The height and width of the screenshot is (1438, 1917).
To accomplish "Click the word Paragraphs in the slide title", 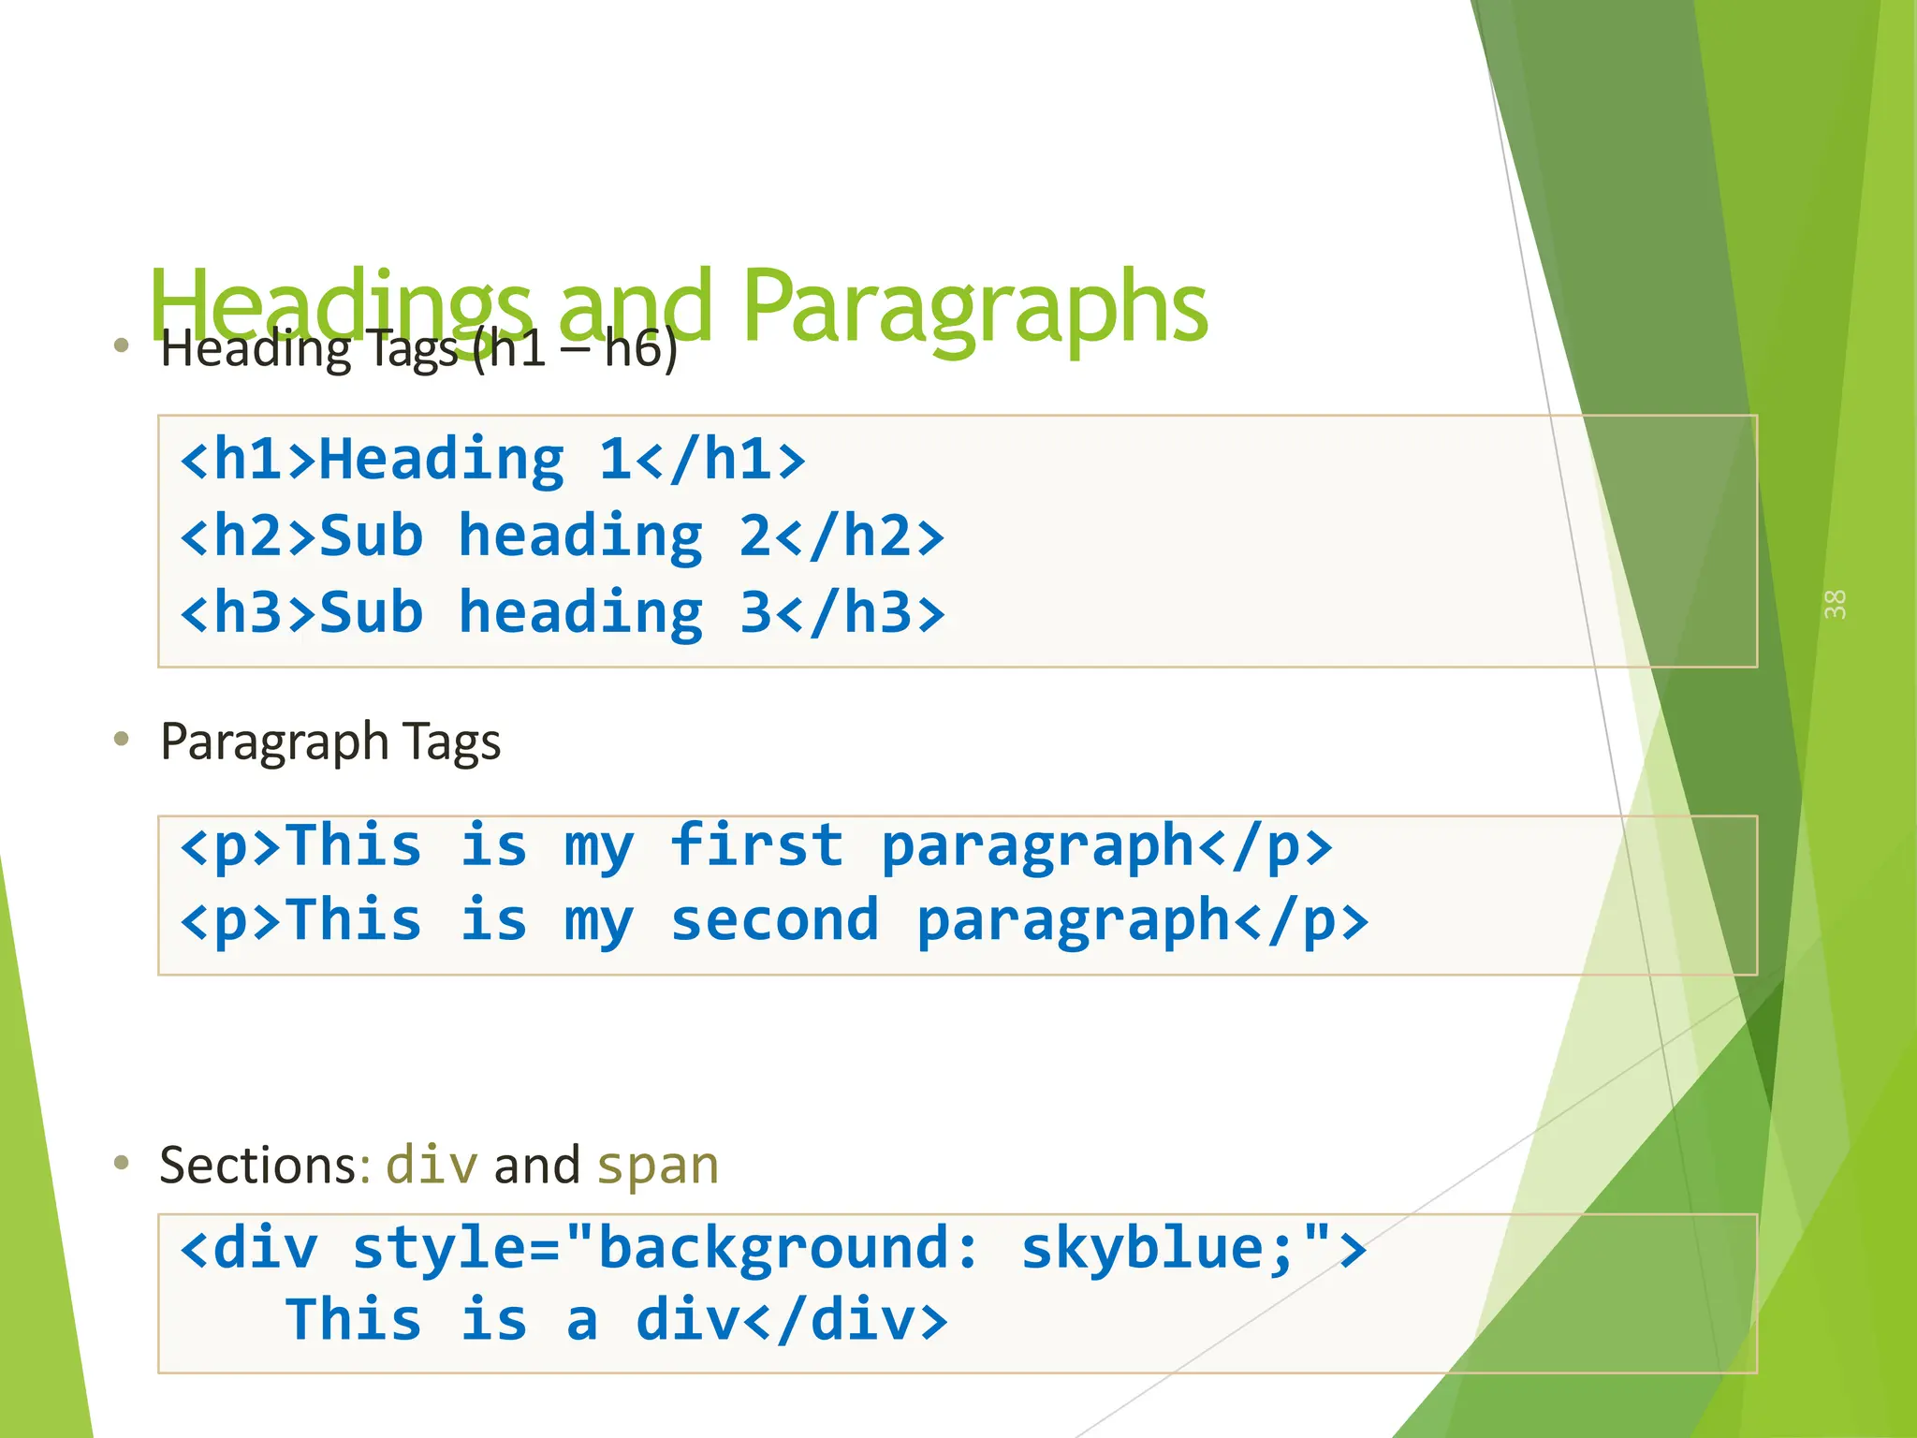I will pyautogui.click(x=974, y=307).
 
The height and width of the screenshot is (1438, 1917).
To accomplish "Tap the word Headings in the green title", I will pyautogui.click(x=341, y=307).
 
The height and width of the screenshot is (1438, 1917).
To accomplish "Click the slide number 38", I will pyautogui.click(x=1835, y=605).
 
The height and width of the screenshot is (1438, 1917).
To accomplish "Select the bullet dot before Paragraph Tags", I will pyautogui.click(x=121, y=740).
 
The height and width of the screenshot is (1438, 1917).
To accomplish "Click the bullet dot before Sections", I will pyautogui.click(x=121, y=1164).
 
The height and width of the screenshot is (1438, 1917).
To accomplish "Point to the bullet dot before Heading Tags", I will pyautogui.click(x=121, y=345).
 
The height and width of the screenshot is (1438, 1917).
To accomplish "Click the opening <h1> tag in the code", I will pyautogui.click(x=248, y=460).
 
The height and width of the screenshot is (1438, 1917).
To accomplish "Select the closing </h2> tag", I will pyautogui.click(x=860, y=536).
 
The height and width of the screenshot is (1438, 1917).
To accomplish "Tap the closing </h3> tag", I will pyautogui.click(x=860, y=613).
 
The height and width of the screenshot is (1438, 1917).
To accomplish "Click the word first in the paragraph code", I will pyautogui.click(x=756, y=845).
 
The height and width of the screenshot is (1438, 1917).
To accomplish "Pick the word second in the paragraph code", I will pyautogui.click(x=774, y=920).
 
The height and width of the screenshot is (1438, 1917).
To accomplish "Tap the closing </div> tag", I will pyautogui.click(x=845, y=1320).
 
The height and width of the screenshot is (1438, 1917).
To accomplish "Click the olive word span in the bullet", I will pyautogui.click(x=658, y=1166).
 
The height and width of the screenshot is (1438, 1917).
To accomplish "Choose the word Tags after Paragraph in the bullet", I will pyautogui.click(x=453, y=741).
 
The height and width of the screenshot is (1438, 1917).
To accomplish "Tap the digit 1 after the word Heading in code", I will pyautogui.click(x=615, y=460).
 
